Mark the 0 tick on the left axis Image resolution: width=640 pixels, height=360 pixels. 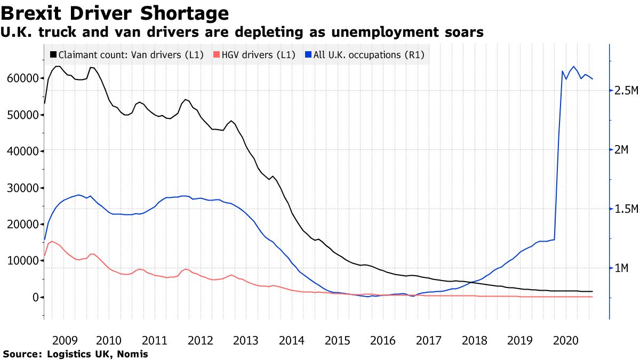point(36,297)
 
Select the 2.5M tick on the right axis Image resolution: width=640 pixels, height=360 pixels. point(625,91)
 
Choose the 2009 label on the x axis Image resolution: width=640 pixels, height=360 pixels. point(66,340)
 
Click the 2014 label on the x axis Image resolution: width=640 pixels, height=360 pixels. point(292,340)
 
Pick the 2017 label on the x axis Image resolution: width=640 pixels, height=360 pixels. point(428,340)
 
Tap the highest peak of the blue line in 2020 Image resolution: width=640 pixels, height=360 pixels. point(573,67)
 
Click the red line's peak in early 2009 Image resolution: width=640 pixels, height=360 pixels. point(52,241)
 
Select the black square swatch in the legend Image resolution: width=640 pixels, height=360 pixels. point(53,54)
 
